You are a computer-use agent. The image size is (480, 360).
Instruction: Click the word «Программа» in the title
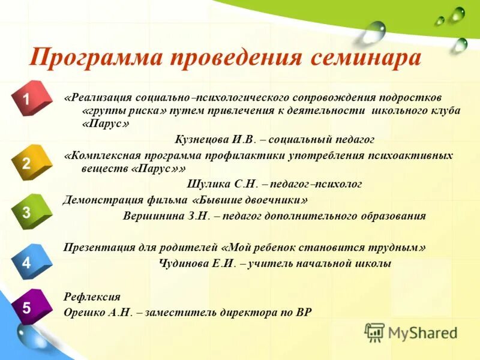(x=95, y=58)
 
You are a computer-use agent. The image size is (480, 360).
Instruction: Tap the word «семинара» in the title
(x=365, y=58)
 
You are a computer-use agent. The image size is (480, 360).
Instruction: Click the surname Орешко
(x=85, y=313)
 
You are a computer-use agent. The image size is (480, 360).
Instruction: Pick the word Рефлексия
(x=92, y=297)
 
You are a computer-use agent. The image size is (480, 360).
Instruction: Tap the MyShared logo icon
(x=374, y=332)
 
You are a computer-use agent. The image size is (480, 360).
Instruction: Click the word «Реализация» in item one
(x=98, y=97)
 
